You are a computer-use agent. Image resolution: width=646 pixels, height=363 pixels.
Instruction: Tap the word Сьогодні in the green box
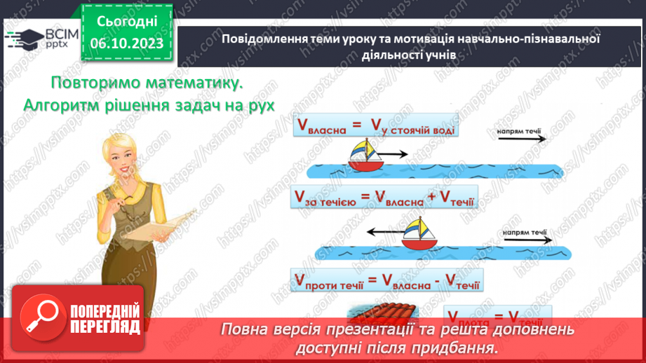pos(127,22)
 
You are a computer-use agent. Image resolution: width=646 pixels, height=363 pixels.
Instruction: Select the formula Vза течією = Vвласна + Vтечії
pos(383,198)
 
